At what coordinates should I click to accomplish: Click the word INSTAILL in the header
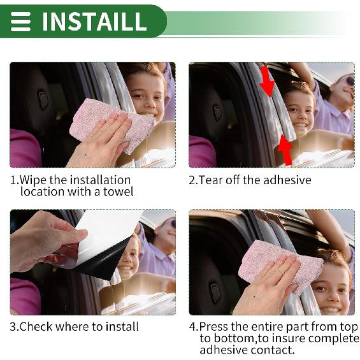tap(94, 21)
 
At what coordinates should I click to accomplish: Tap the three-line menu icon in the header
tap(20, 21)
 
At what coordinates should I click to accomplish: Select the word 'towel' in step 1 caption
tap(117, 192)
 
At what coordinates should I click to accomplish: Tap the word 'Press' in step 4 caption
tap(215, 327)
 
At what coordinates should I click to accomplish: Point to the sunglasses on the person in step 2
tap(350, 81)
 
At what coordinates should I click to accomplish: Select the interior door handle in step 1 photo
tap(43, 99)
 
